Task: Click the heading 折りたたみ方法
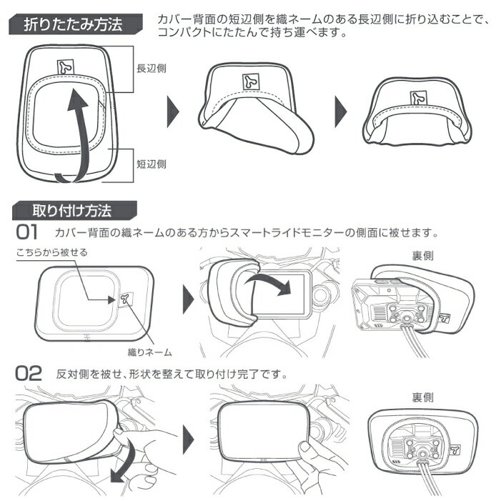pos(73,24)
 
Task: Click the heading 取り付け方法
pos(72,211)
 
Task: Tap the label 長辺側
pos(152,68)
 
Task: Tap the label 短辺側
pos(152,164)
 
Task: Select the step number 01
pos(27,232)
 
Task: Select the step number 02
pos(29,373)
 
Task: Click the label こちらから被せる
pos(51,252)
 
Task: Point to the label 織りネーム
pos(150,352)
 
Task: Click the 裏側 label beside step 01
pos(422,256)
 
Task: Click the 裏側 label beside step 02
pos(422,397)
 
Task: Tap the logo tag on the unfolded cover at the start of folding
pos(66,67)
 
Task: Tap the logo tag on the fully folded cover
pos(419,99)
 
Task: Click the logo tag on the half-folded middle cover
pos(251,81)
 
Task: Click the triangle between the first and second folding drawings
pos(173,111)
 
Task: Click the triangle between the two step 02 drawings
pos(189,440)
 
